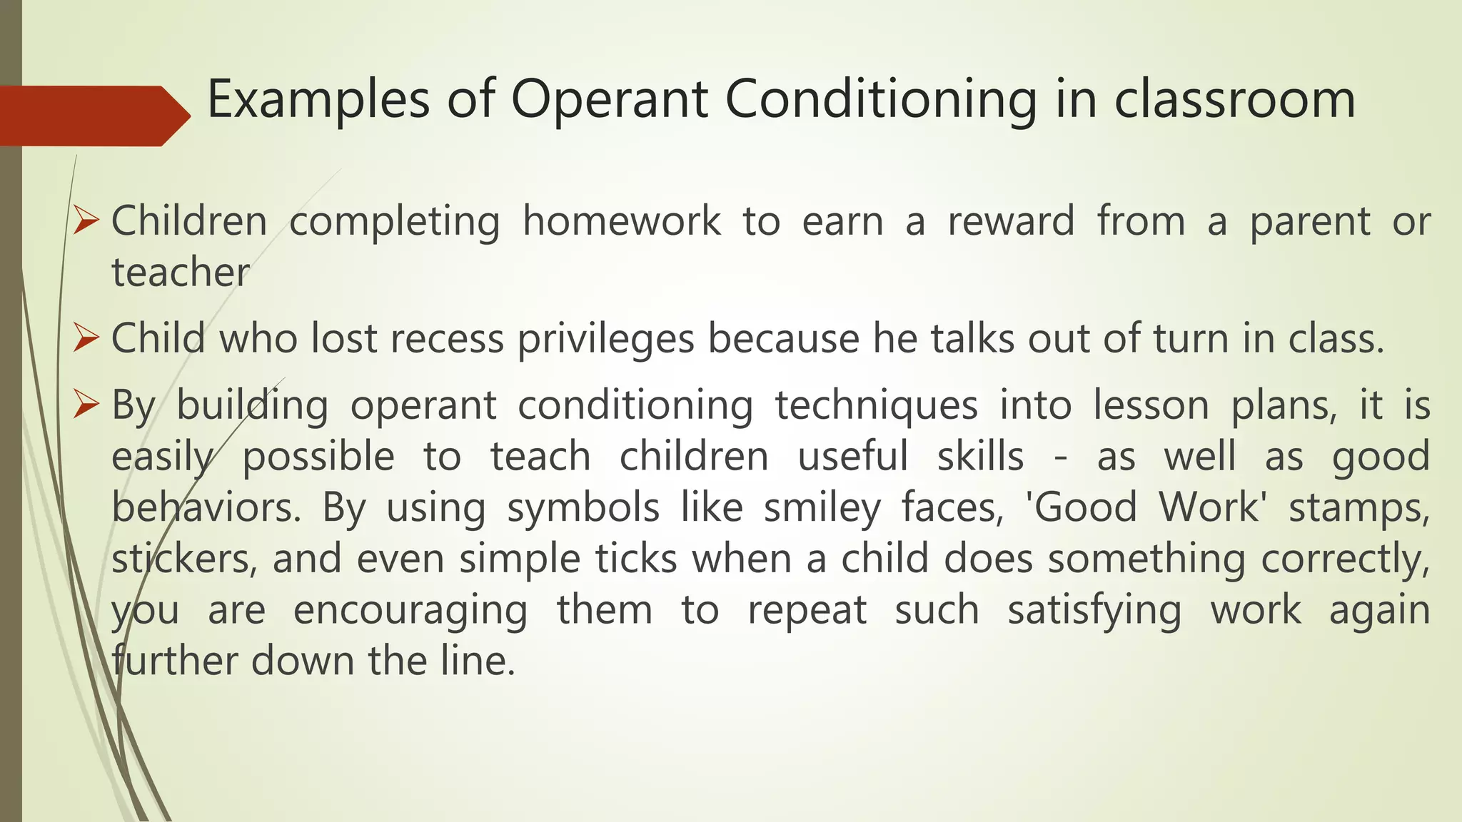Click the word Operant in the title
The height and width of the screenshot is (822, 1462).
pyautogui.click(x=609, y=99)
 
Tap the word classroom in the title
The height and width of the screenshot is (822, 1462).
pyautogui.click(x=1234, y=99)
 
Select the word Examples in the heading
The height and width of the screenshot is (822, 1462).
pyautogui.click(x=318, y=99)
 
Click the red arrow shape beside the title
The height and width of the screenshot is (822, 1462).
pyautogui.click(x=93, y=116)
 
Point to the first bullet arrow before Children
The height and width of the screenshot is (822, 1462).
pyautogui.click(x=86, y=221)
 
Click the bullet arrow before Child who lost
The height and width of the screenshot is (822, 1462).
pyautogui.click(x=86, y=338)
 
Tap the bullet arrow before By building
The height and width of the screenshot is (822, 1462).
pyautogui.click(x=86, y=405)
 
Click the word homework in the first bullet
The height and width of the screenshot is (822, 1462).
pyautogui.click(x=621, y=221)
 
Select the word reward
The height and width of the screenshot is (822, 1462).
pyautogui.click(x=1011, y=221)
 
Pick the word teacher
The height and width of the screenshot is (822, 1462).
pyautogui.click(x=181, y=273)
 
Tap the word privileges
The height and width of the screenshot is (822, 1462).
pyautogui.click(x=606, y=340)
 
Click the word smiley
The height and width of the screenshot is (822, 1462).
pyautogui.click(x=822, y=509)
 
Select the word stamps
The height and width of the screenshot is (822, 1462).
pyautogui.click(x=1358, y=509)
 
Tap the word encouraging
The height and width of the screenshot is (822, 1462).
pyautogui.click(x=410, y=612)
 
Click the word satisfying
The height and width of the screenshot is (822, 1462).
pyautogui.click(x=1094, y=612)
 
